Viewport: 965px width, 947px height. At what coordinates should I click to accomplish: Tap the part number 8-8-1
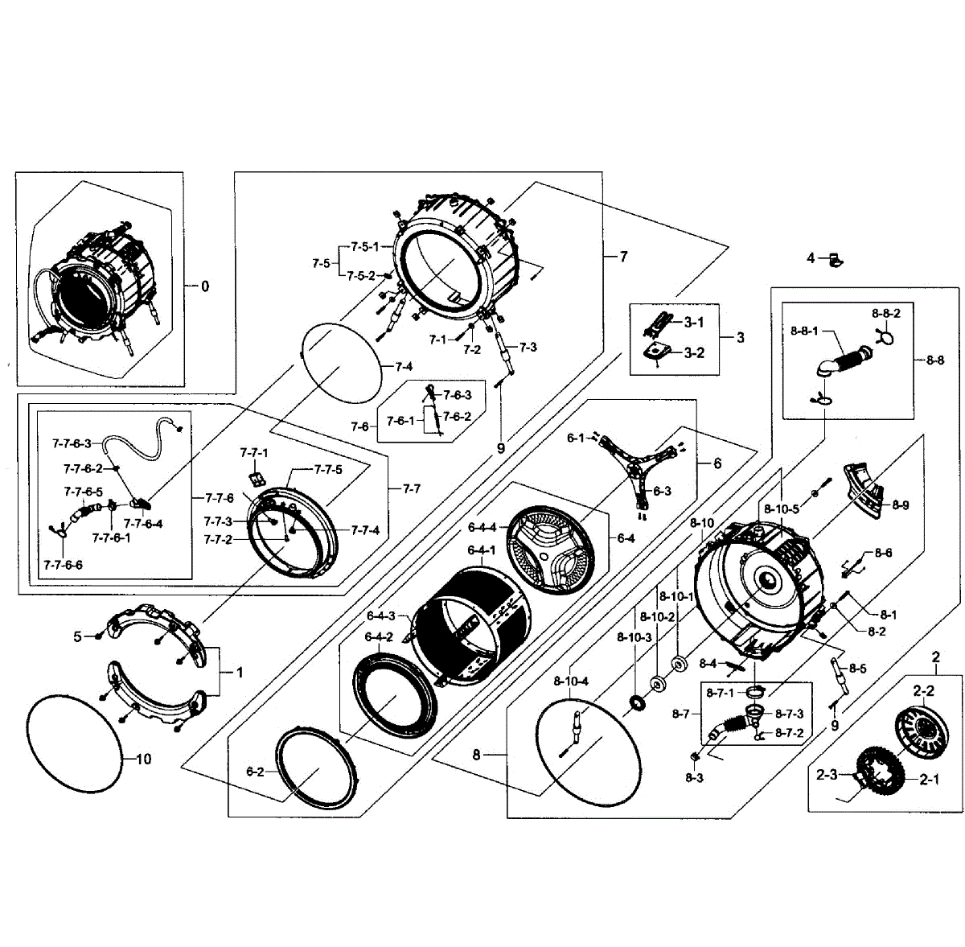point(804,331)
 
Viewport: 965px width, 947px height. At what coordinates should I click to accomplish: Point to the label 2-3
point(827,775)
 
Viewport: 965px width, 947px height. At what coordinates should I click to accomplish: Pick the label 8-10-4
point(572,681)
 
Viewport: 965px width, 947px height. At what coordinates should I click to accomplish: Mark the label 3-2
point(694,352)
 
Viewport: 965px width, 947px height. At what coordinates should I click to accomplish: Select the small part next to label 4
point(836,258)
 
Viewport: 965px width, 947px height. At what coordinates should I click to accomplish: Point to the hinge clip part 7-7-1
point(257,479)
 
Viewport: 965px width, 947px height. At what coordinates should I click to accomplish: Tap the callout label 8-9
point(900,504)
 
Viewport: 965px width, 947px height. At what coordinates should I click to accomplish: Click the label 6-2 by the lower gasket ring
point(255,772)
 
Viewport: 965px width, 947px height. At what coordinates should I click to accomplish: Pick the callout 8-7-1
point(721,693)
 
